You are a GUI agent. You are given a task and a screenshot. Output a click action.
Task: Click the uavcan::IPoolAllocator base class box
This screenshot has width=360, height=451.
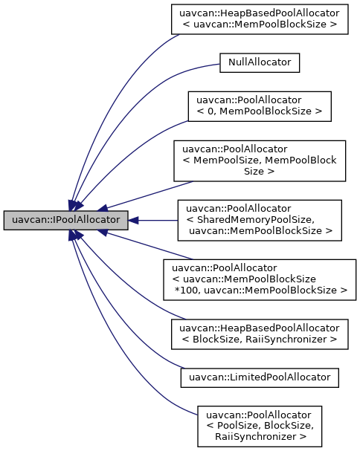[x=65, y=220]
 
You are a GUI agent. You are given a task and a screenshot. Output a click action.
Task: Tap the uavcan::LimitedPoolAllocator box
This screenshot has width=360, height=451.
[x=260, y=377]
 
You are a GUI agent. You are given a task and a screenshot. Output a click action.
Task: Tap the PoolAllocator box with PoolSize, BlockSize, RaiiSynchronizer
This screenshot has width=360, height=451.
[x=260, y=426]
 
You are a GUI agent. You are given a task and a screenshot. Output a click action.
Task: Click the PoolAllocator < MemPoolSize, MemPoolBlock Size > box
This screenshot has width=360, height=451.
[x=260, y=159]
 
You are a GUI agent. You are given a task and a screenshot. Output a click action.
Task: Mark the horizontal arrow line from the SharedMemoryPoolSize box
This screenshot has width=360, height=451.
[x=156, y=220]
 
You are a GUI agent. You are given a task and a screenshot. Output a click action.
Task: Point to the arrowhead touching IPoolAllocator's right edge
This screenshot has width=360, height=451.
[x=135, y=220]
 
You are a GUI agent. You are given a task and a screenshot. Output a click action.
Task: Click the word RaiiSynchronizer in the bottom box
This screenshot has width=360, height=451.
[x=260, y=437]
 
